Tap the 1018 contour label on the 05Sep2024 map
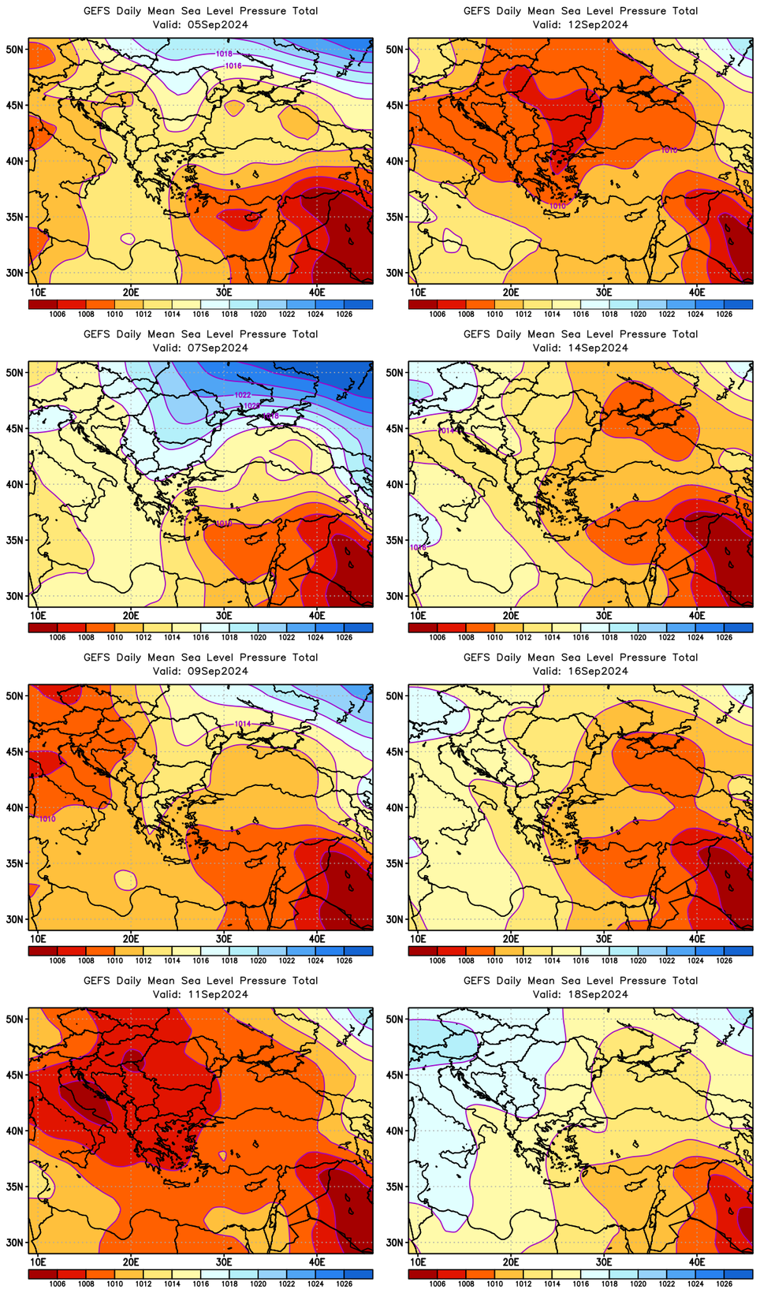(x=224, y=54)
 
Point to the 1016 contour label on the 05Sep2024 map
(x=233, y=66)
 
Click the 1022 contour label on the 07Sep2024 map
(x=243, y=395)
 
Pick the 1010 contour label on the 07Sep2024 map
(x=223, y=524)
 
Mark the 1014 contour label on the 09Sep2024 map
(x=243, y=724)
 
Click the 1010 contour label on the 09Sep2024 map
(x=47, y=819)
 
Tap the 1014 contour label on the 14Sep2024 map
(x=446, y=431)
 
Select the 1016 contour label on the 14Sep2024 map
(x=419, y=547)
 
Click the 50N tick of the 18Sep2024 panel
(x=395, y=1019)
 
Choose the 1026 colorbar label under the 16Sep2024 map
(x=725, y=960)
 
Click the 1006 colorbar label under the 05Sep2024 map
(x=57, y=314)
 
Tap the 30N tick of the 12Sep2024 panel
(x=395, y=273)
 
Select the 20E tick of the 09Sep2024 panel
(x=131, y=938)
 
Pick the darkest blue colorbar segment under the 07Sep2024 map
(x=359, y=628)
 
